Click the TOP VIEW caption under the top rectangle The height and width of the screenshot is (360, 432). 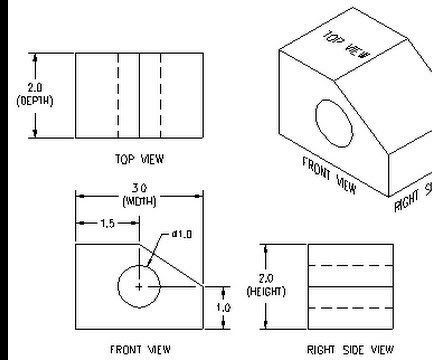pyautogui.click(x=140, y=158)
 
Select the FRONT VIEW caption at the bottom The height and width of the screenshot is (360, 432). pyautogui.click(x=140, y=349)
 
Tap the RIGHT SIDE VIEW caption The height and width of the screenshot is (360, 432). pyautogui.click(x=350, y=349)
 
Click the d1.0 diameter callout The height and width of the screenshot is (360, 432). pyautogui.click(x=181, y=234)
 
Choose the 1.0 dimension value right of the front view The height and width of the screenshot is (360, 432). pyautogui.click(x=226, y=307)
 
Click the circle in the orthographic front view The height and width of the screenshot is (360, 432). pyautogui.click(x=120, y=287)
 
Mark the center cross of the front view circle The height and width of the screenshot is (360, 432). pyautogui.click(x=139, y=287)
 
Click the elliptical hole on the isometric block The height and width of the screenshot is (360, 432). pyautogui.click(x=335, y=122)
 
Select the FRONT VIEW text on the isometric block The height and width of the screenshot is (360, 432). pyautogui.click(x=329, y=176)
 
